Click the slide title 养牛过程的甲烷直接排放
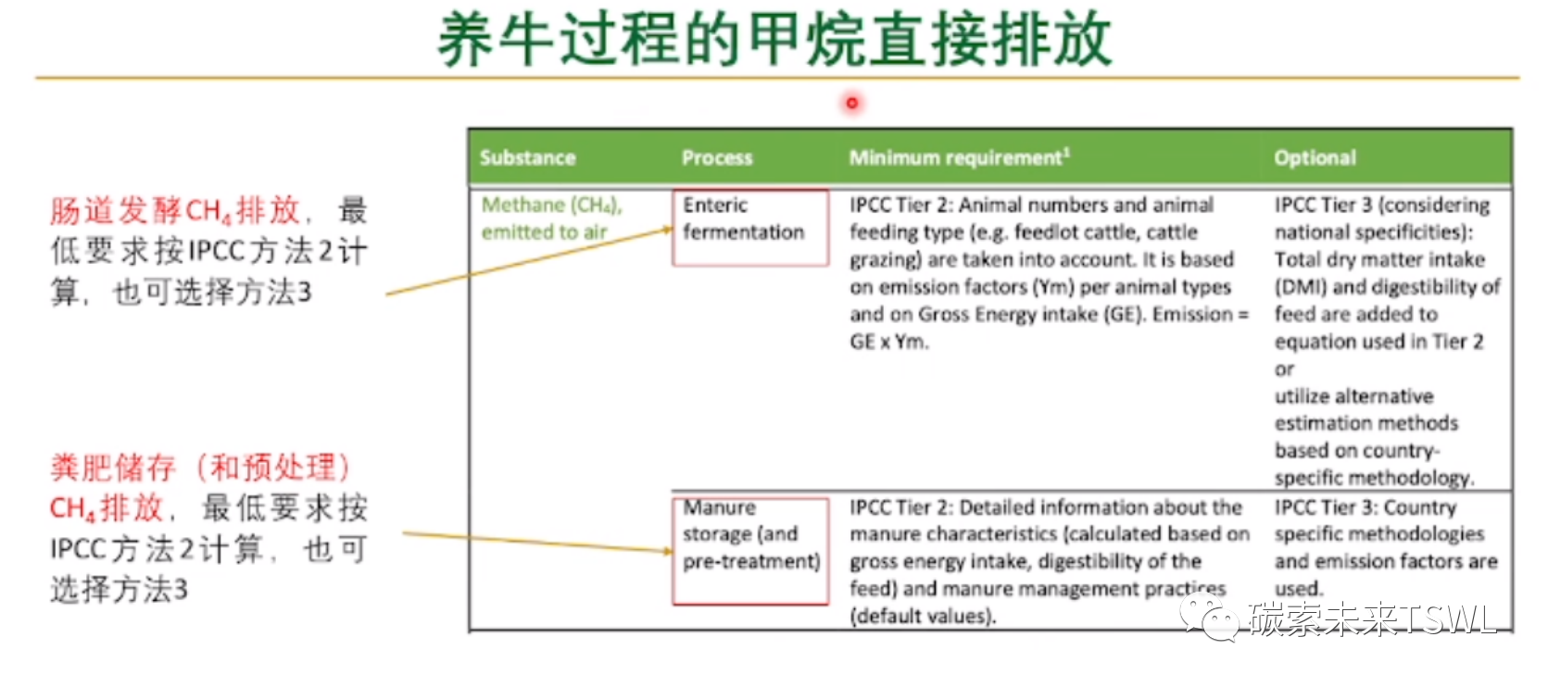(774, 39)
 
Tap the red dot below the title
(851, 103)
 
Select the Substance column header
(527, 157)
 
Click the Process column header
(717, 157)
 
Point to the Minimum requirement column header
(959, 157)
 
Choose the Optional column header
(1315, 157)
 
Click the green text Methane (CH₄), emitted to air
(551, 219)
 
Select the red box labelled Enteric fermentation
(749, 228)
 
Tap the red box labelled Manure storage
(749, 551)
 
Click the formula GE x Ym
(888, 342)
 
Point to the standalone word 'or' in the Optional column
(1284, 369)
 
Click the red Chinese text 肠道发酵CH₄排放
(175, 211)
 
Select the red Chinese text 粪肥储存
(114, 468)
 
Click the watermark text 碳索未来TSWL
(1372, 618)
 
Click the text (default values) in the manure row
(923, 616)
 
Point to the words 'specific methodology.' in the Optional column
(1374, 478)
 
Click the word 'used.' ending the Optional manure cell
(1299, 589)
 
